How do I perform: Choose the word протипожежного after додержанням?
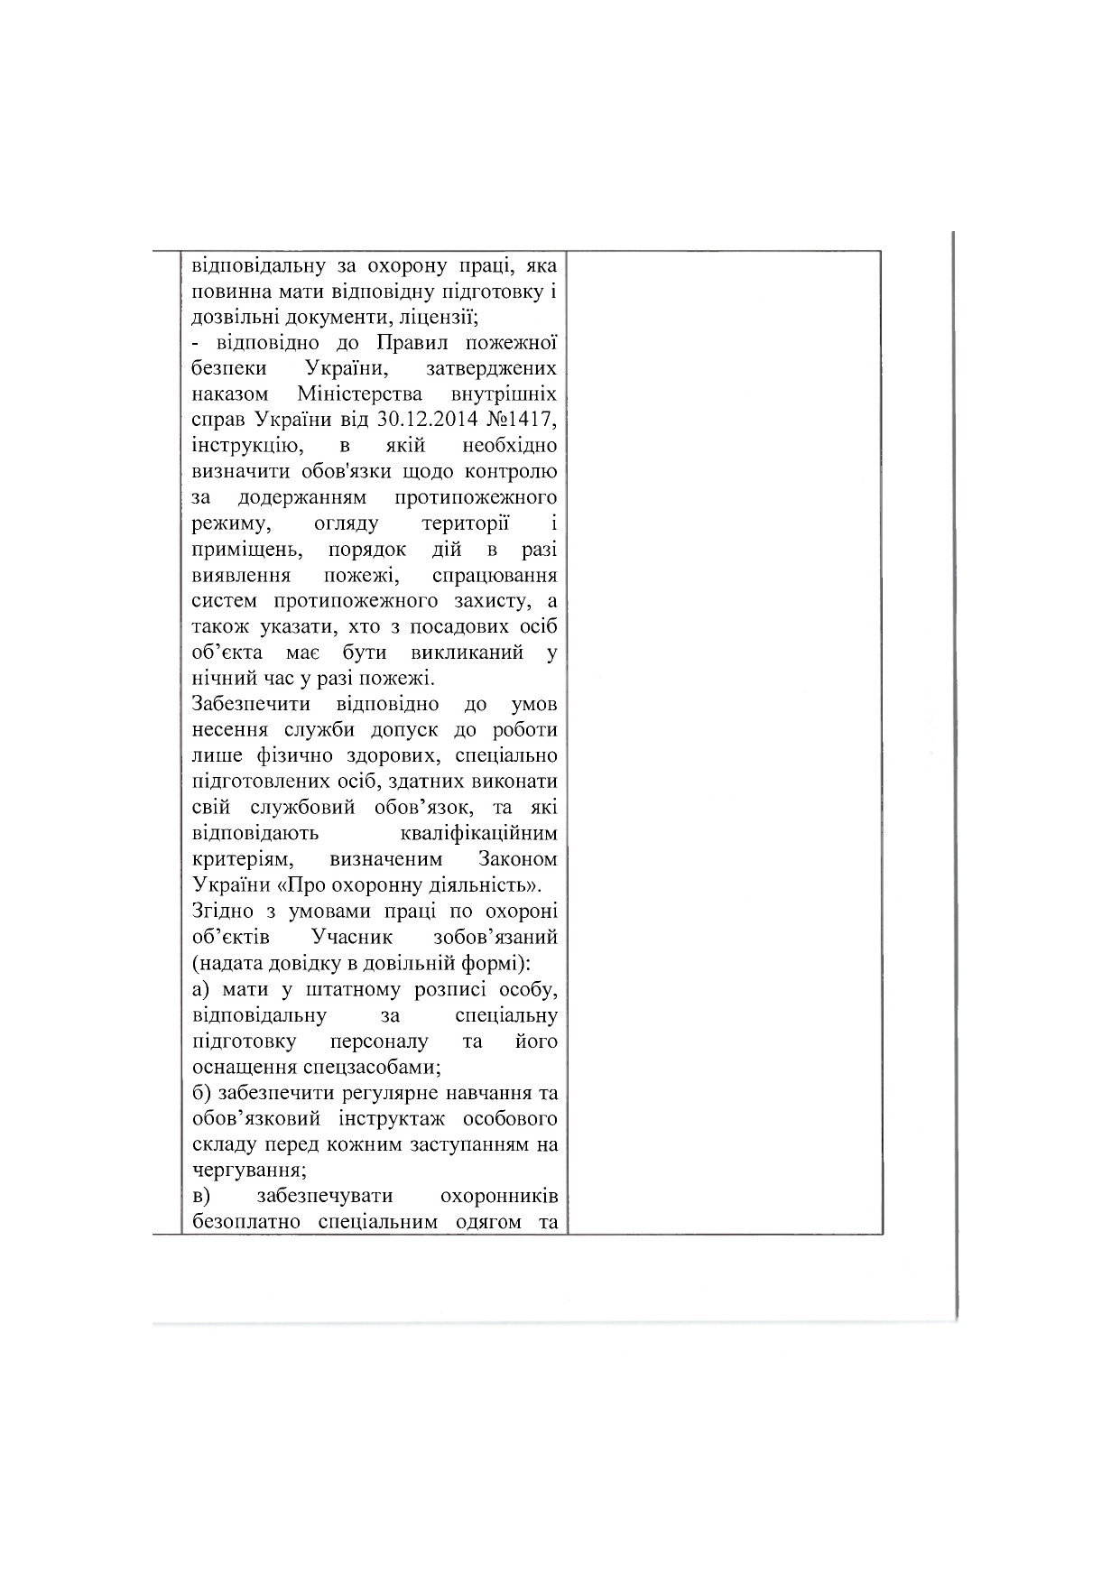point(475,497)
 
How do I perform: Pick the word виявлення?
point(241,575)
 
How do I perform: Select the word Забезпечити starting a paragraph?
point(251,704)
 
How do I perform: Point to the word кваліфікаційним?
point(477,833)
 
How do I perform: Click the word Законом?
point(518,858)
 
